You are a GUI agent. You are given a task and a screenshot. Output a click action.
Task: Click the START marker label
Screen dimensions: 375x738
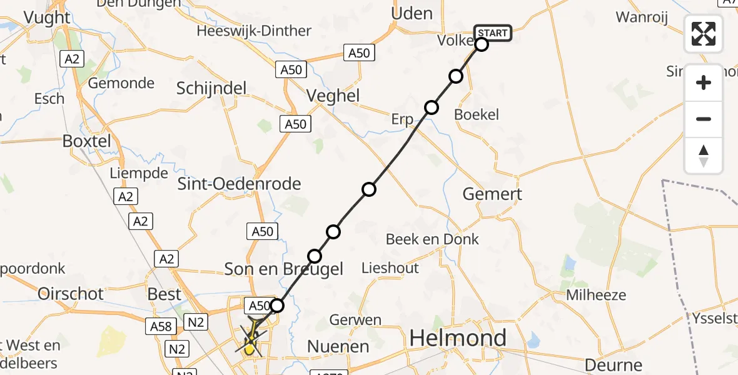(493, 32)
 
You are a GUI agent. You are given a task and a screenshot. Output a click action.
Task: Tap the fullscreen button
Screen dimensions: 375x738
(704, 33)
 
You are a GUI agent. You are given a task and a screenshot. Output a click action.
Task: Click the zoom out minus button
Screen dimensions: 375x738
(704, 119)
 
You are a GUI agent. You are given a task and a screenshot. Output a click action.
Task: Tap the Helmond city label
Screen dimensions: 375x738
(458, 338)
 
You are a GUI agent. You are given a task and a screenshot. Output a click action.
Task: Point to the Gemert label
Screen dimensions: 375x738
(492, 194)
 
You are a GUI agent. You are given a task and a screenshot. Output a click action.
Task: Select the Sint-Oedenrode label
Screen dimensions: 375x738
(240, 184)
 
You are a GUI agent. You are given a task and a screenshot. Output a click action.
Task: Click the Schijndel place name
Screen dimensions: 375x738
(211, 88)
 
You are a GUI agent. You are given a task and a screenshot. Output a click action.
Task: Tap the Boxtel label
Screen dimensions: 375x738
(86, 141)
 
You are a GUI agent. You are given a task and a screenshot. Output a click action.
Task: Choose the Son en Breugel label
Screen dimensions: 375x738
(284, 269)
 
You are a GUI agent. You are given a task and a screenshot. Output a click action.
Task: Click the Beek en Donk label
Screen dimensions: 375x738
(432, 239)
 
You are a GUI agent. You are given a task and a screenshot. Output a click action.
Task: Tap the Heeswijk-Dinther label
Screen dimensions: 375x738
(254, 31)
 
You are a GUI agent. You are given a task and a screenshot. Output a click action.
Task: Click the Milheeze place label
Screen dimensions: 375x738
(596, 294)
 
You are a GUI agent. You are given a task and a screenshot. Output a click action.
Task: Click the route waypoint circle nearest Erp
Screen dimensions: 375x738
(431, 107)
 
